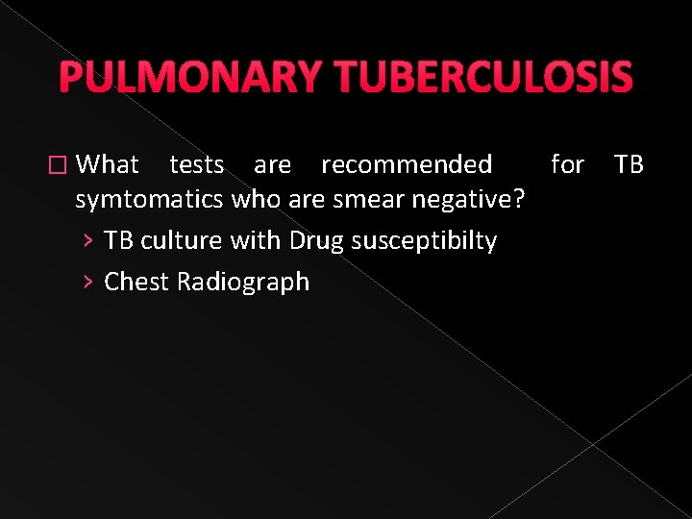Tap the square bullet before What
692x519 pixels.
(x=62, y=165)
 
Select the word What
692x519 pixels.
(x=108, y=164)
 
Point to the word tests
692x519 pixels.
(x=197, y=164)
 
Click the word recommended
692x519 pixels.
(x=407, y=164)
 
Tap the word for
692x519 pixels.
(x=567, y=164)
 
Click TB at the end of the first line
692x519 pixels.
(x=629, y=164)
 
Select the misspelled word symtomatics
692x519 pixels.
(x=150, y=202)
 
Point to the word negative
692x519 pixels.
(x=471, y=201)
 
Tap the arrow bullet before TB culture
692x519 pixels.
(x=87, y=240)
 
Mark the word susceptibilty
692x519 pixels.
(x=424, y=241)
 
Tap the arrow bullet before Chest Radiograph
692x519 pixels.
(x=87, y=282)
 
